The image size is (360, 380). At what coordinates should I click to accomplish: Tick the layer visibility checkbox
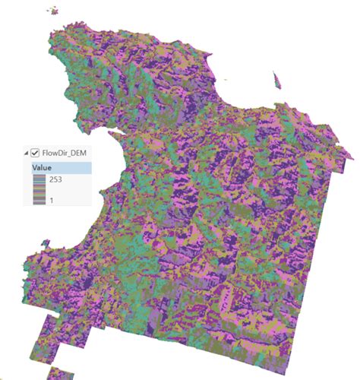tap(35, 151)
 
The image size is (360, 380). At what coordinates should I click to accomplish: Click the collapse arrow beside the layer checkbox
tap(27, 151)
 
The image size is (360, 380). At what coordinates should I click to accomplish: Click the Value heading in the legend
tap(42, 167)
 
